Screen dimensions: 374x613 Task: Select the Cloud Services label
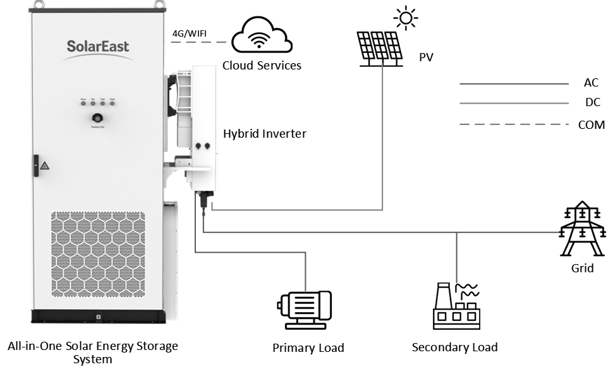pyautogui.click(x=262, y=66)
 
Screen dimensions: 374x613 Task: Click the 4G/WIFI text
pyautogui.click(x=190, y=33)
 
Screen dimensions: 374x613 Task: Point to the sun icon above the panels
pyautogui.click(x=404, y=18)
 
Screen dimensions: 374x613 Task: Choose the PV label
pyautogui.click(x=427, y=58)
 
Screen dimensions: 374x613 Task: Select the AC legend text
pyautogui.click(x=591, y=83)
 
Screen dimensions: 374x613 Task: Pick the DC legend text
pyautogui.click(x=592, y=103)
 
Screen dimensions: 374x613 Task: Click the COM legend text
pyautogui.click(x=592, y=125)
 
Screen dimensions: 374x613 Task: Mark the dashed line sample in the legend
pyautogui.click(x=514, y=125)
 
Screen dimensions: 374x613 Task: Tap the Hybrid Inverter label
pyautogui.click(x=265, y=134)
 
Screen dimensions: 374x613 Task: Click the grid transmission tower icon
pyautogui.click(x=582, y=229)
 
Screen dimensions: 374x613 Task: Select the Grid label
pyautogui.click(x=582, y=268)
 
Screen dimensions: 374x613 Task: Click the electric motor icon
pyautogui.click(x=304, y=310)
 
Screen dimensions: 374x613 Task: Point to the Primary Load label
pyautogui.click(x=308, y=348)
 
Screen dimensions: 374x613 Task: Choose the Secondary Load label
pyautogui.click(x=454, y=347)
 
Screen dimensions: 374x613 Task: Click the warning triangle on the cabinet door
pyautogui.click(x=45, y=166)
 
